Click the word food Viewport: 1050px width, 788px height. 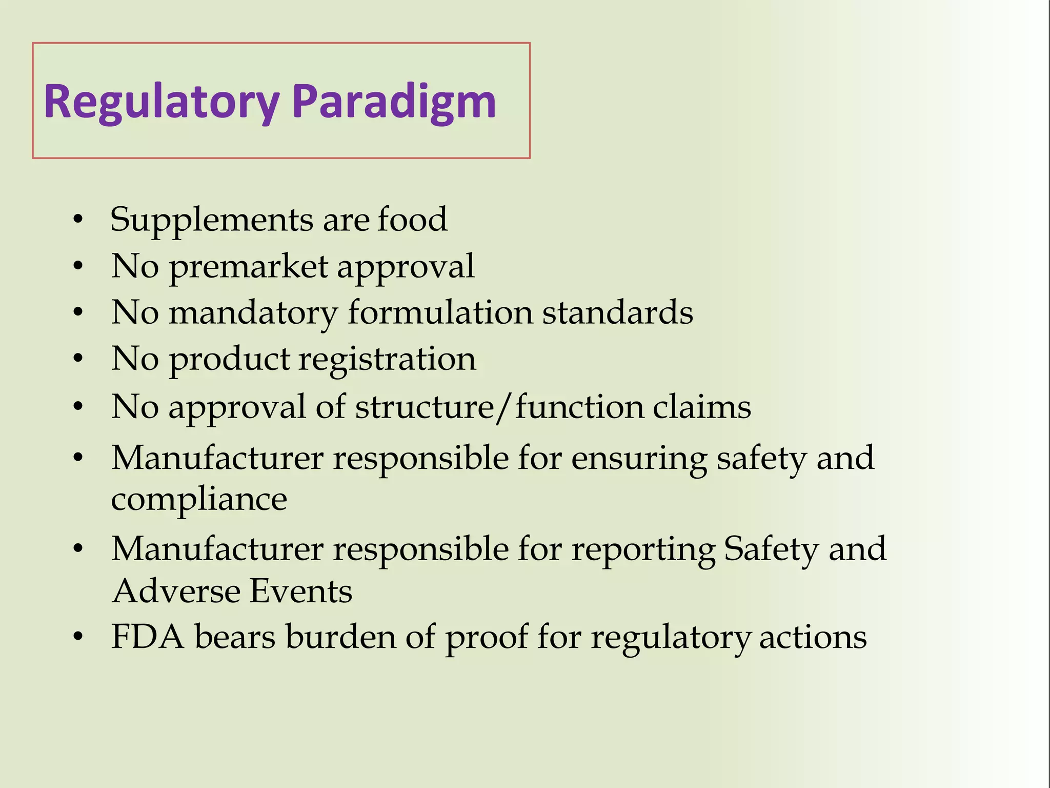coord(412,219)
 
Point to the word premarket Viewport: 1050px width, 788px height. coord(248,267)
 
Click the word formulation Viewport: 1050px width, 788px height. coord(440,312)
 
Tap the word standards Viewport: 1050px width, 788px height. coord(617,312)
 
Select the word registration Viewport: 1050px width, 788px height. coord(388,360)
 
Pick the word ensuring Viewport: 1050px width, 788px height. coord(639,458)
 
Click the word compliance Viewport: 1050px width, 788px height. coord(199,499)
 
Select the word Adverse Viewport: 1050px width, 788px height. coord(176,591)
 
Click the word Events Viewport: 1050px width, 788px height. coord(301,591)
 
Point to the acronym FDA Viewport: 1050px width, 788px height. coord(148,637)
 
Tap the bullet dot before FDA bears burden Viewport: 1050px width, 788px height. coord(78,638)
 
